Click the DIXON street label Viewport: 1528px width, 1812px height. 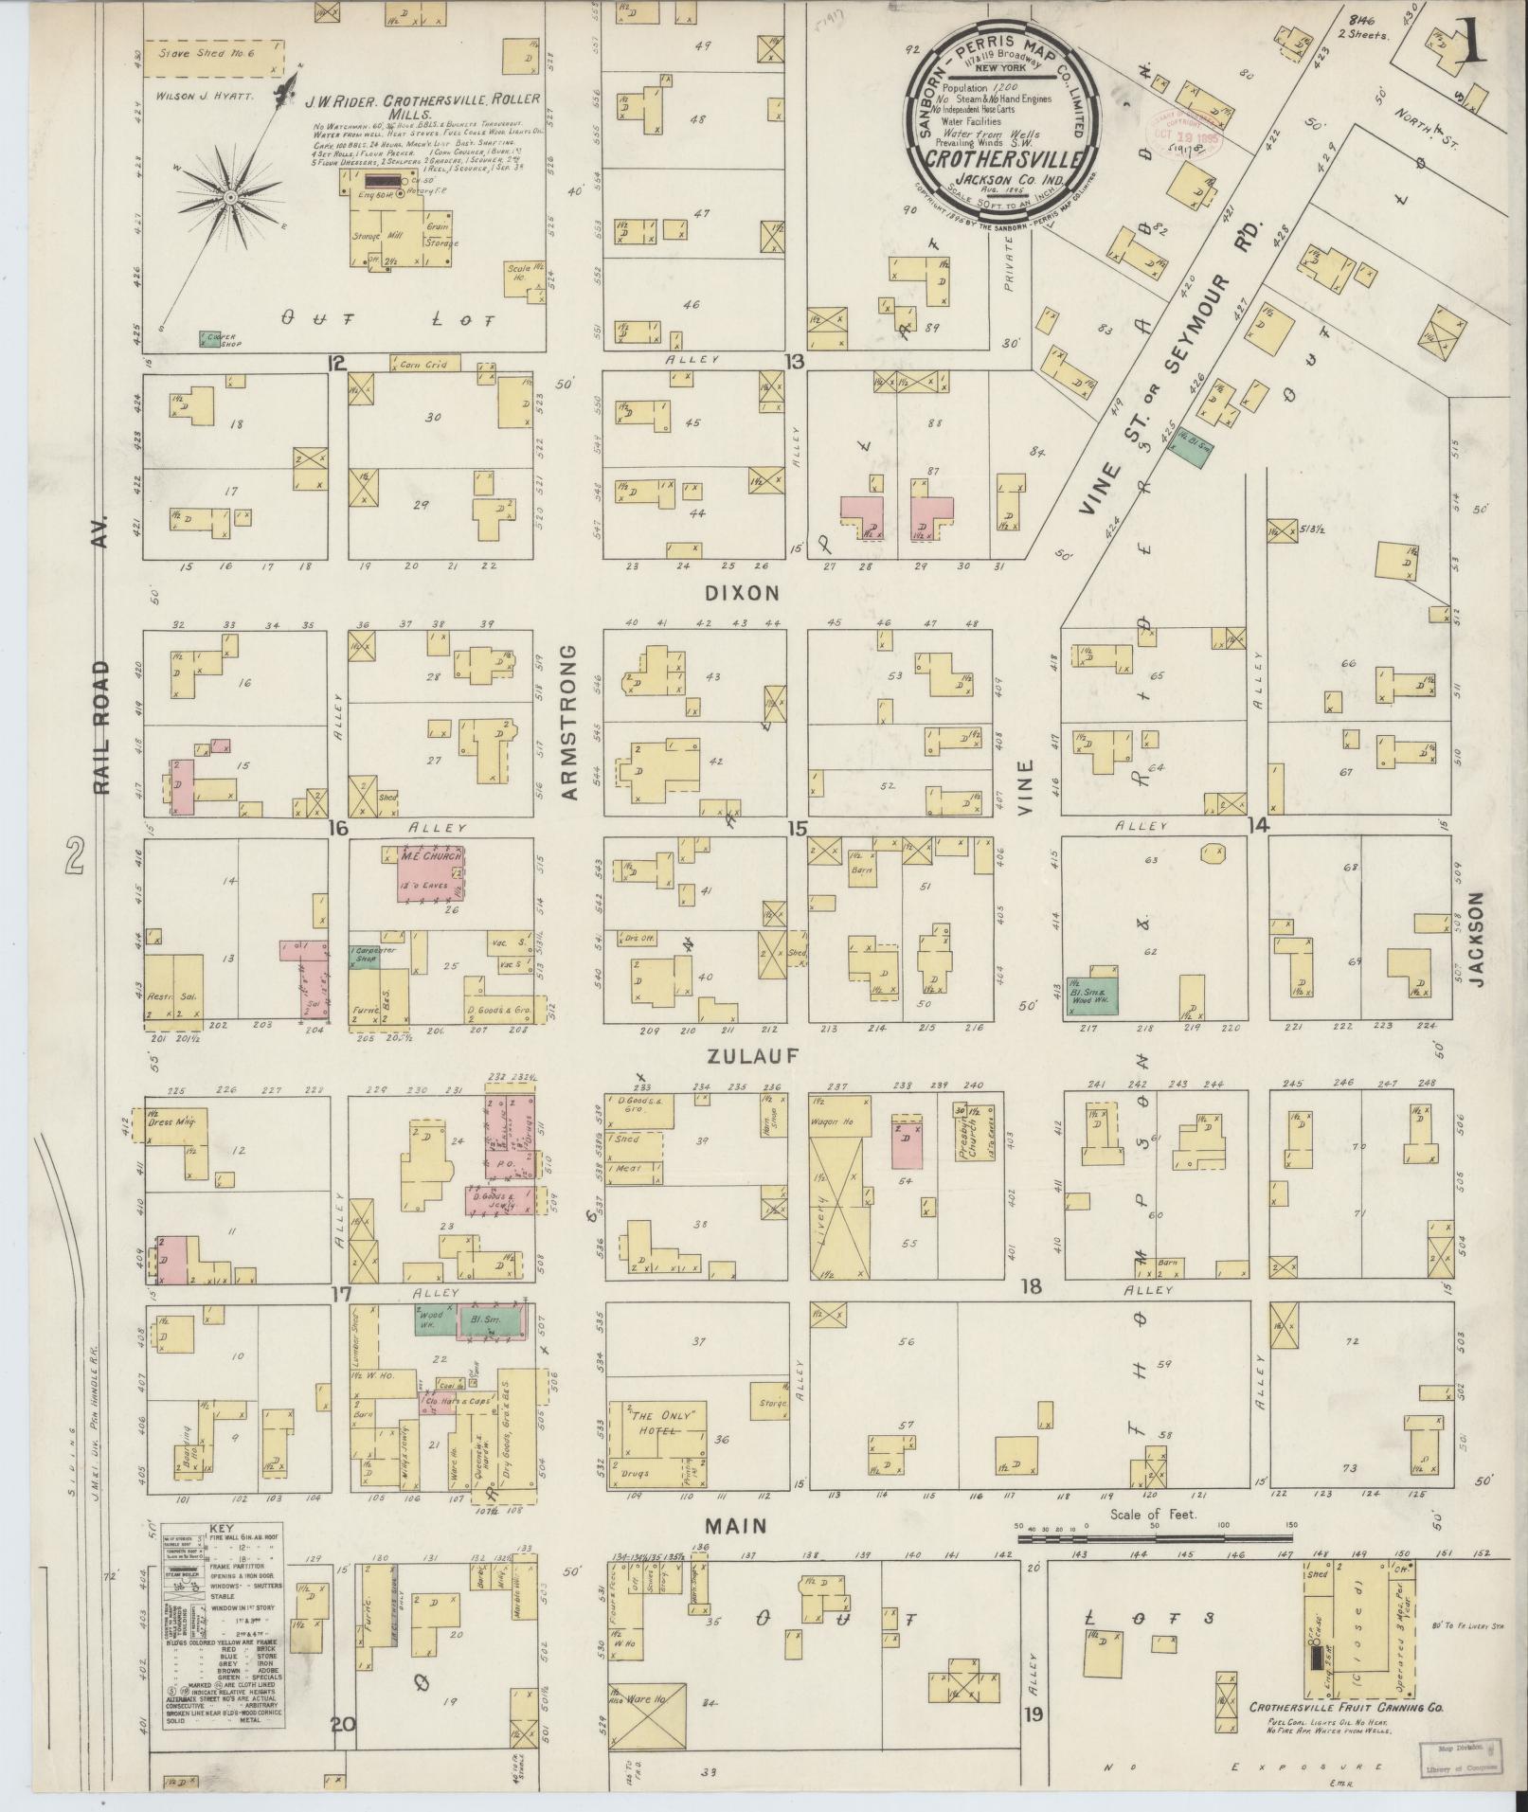point(755,593)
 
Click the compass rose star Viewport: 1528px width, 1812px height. point(230,196)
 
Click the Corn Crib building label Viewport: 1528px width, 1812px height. point(424,363)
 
